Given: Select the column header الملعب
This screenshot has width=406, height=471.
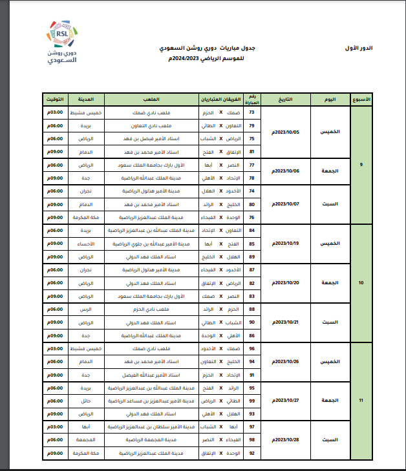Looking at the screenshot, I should (153, 99).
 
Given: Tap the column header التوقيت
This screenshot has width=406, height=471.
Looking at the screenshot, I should (55, 99).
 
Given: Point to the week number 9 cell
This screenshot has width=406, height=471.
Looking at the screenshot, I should (361, 164).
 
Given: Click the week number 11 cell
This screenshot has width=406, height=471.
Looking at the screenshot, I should (361, 401).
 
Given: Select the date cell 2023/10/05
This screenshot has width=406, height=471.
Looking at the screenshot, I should (284, 131).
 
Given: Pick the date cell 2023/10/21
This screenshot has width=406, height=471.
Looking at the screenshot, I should (284, 322).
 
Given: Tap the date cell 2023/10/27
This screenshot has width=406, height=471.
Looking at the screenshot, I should (284, 401).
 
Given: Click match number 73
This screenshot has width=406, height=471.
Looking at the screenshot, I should (251, 112).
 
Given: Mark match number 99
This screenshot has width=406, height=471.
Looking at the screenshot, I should (251, 401).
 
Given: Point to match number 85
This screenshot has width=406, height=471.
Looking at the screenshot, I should (251, 244).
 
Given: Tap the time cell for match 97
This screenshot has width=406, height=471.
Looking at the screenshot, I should (55, 427).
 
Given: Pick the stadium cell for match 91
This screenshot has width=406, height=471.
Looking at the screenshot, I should (153, 375).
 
